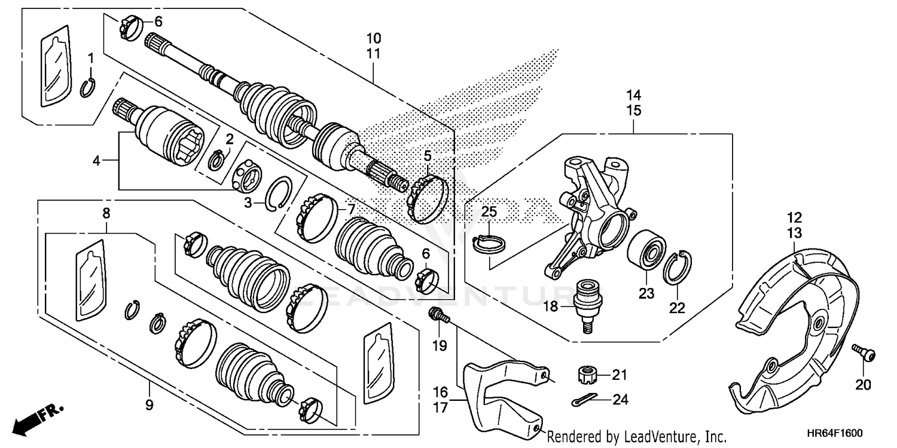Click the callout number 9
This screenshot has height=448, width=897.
click(149, 406)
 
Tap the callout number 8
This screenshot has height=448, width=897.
click(106, 212)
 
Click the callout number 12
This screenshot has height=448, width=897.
click(794, 218)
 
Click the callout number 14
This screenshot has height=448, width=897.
click(633, 95)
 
